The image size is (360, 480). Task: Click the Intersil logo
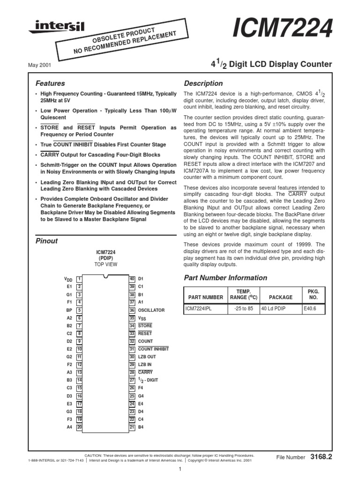point(56,28)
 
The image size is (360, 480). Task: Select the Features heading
point(50,83)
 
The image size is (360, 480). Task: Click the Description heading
point(203,83)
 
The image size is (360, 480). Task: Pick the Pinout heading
point(47,241)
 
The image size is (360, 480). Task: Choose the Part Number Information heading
point(225,277)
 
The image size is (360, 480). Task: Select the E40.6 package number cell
point(310,309)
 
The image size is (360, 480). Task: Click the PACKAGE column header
point(280,297)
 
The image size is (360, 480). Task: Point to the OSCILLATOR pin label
point(151,310)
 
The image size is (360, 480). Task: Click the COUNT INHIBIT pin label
point(153,349)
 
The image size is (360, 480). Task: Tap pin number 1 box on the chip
point(80,279)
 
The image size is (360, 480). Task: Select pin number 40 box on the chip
point(132,279)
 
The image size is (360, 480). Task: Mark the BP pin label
point(69,310)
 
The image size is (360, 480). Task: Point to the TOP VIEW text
point(106,264)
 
